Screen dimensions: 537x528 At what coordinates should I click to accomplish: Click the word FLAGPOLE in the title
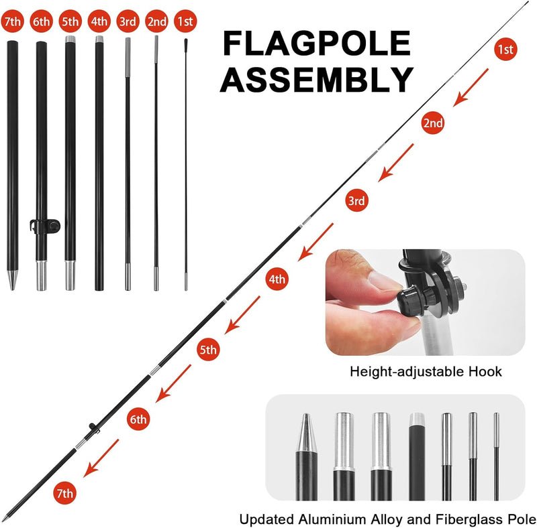coord(316,43)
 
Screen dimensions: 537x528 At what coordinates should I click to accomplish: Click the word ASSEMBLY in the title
coord(316,79)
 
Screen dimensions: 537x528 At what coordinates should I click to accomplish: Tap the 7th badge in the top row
coord(12,21)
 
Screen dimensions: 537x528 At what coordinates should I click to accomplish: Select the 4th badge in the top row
coord(99,21)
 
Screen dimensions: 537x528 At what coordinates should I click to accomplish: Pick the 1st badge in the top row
coord(185,21)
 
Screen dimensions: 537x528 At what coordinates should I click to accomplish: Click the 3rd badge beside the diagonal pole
coord(356,200)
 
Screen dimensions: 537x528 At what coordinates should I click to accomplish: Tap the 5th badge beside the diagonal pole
coord(208,350)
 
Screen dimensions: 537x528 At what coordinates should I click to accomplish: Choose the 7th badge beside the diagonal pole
coord(64,492)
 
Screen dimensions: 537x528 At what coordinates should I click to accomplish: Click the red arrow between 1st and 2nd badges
coord(471,88)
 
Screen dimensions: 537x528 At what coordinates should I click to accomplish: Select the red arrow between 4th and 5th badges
coord(242,315)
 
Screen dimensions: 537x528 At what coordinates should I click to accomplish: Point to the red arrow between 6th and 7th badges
coord(101,458)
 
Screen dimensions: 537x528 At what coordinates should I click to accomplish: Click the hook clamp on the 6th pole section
coord(45,226)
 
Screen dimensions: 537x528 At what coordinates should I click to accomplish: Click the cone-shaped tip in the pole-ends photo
coord(306,433)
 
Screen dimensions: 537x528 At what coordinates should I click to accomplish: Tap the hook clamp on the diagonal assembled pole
coord(93,428)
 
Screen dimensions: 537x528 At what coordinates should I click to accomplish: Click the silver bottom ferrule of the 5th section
coord(70,275)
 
